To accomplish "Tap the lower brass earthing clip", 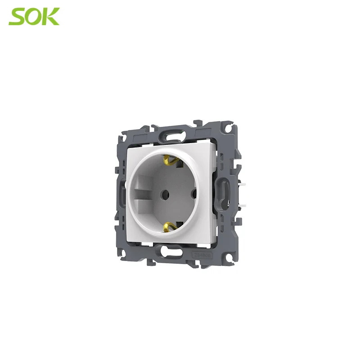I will (x=169, y=227).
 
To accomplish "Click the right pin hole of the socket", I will (x=194, y=193).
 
